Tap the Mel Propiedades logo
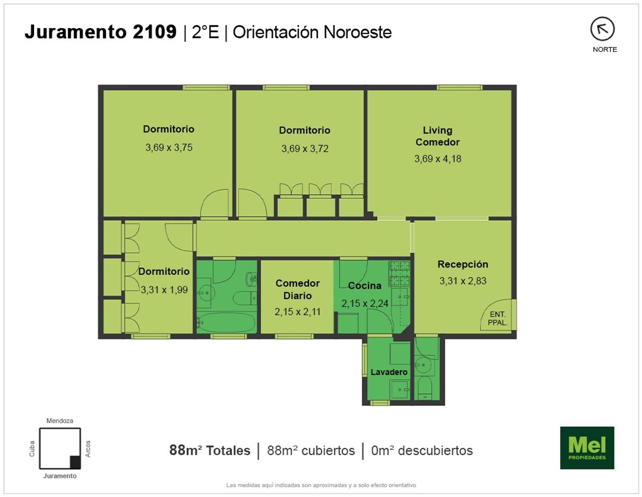(x=587, y=448)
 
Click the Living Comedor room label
(x=437, y=136)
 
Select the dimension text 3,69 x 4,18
(x=437, y=159)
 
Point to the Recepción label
(x=463, y=264)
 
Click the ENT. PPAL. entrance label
(x=498, y=318)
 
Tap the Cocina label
(x=365, y=285)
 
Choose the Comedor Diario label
(x=298, y=289)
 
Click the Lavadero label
(x=389, y=372)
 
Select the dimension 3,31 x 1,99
(x=164, y=289)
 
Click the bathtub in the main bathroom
(x=226, y=323)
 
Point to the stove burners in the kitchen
(x=400, y=273)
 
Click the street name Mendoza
(x=59, y=421)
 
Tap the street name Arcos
(x=88, y=449)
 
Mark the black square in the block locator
(x=75, y=462)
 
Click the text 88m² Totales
(x=210, y=451)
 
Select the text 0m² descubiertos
(x=422, y=451)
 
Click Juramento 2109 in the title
(x=101, y=32)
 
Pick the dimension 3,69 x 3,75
(x=169, y=147)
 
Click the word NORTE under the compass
(x=605, y=50)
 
